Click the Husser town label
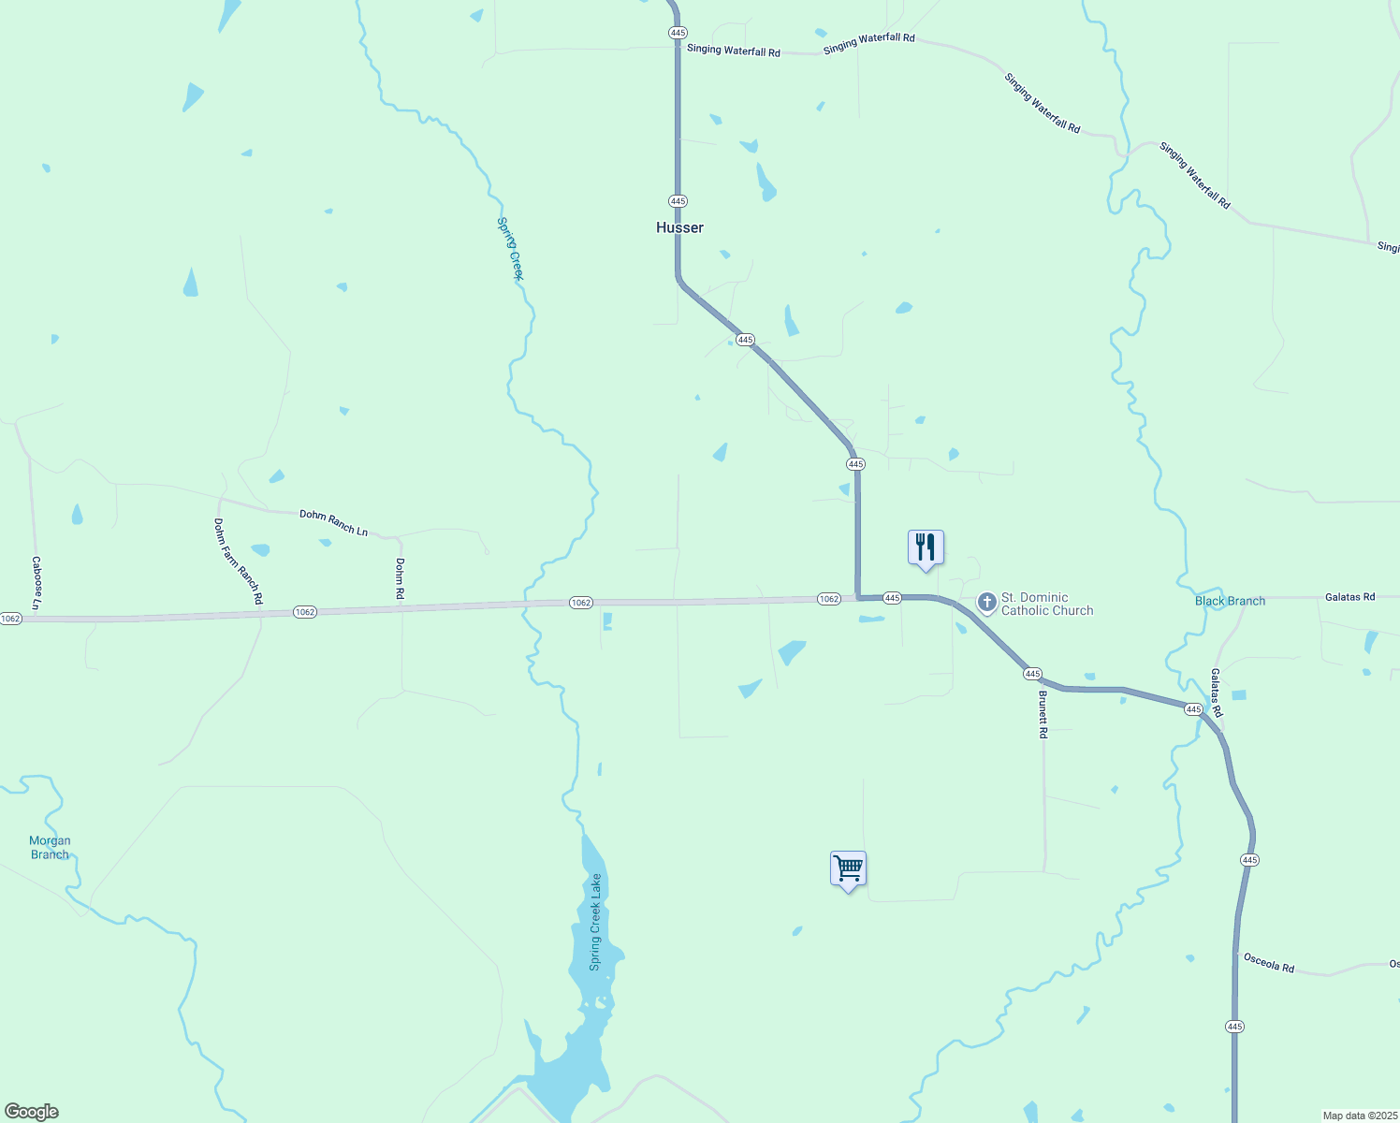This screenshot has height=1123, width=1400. pyautogui.click(x=679, y=227)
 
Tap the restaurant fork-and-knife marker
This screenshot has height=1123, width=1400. pyautogui.click(x=926, y=547)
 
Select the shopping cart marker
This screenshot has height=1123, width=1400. pyautogui.click(x=848, y=868)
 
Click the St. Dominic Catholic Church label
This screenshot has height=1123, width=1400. pyautogui.click(x=1046, y=604)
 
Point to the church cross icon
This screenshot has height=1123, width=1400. pyautogui.click(x=986, y=603)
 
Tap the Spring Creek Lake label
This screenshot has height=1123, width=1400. pyautogui.click(x=595, y=922)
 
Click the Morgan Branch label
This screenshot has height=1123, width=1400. pyautogui.click(x=50, y=847)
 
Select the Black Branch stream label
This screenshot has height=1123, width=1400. pyautogui.click(x=1230, y=601)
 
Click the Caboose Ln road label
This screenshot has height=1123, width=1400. pyautogui.click(x=36, y=582)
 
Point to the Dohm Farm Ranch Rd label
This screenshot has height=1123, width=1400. pyautogui.click(x=238, y=561)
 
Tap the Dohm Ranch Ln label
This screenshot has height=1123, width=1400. pyautogui.click(x=333, y=523)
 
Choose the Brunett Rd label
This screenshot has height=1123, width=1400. pyautogui.click(x=1043, y=715)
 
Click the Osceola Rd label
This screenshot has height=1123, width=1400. pyautogui.click(x=1268, y=962)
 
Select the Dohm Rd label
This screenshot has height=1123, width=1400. pyautogui.click(x=400, y=578)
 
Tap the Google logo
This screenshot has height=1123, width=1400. pyautogui.click(x=32, y=1112)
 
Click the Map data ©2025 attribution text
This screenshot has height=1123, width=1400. pyautogui.click(x=1359, y=1116)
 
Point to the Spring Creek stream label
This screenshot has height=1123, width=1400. pyautogui.click(x=510, y=248)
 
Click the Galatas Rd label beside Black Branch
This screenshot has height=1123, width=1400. pyautogui.click(x=1349, y=597)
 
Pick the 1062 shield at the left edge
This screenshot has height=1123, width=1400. pyautogui.click(x=10, y=619)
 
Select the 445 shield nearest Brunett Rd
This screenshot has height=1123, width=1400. pyautogui.click(x=1032, y=674)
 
